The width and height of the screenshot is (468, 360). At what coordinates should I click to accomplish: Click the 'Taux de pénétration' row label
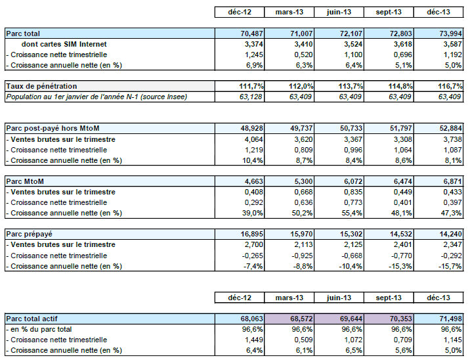pyautogui.click(x=41, y=86)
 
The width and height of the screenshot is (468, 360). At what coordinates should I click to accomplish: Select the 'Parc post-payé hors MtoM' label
pyautogui.click(x=52, y=128)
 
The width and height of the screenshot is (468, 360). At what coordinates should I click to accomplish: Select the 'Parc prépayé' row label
pyautogui.click(x=29, y=233)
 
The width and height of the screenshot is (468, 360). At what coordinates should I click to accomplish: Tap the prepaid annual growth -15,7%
pyautogui.click(x=448, y=265)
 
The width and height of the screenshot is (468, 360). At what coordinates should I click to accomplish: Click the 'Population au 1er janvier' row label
pyautogui.click(x=96, y=97)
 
